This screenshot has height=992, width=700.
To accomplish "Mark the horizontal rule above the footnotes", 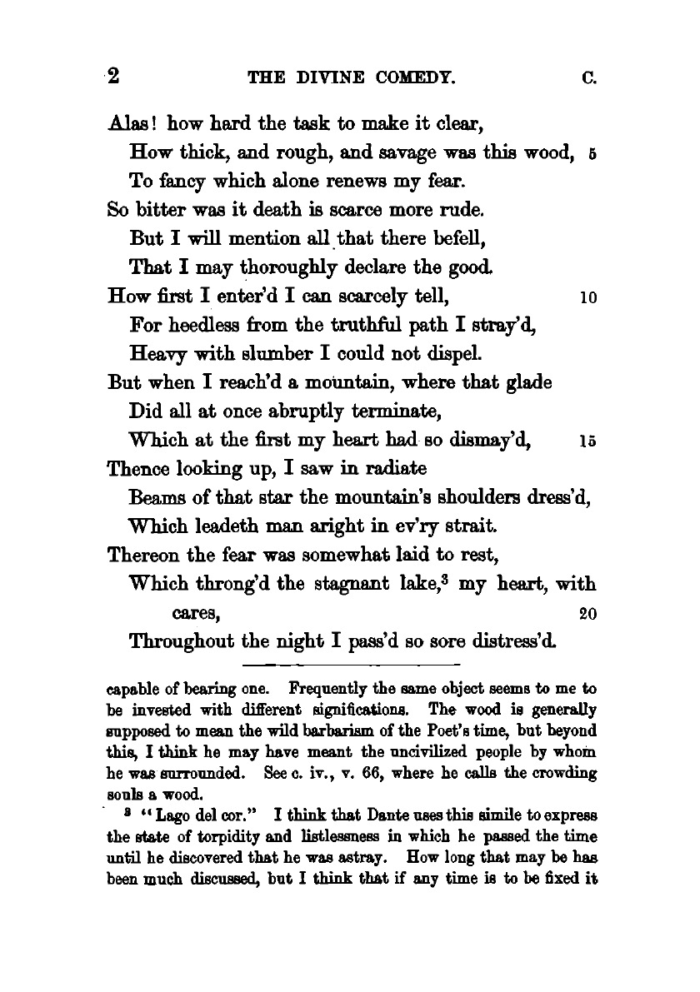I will tap(351, 665).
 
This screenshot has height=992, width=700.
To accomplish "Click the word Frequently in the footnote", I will tap(329, 691).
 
